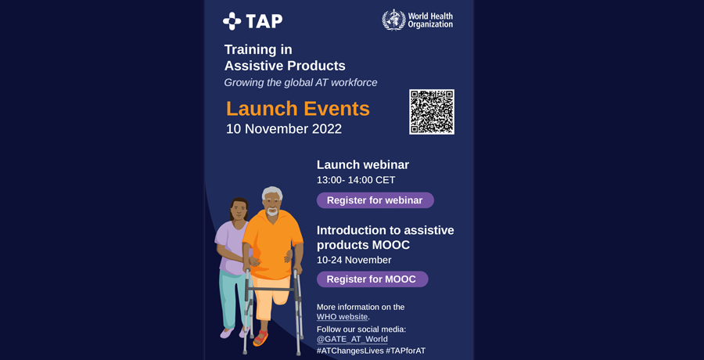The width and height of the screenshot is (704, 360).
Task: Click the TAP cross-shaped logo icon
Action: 232,21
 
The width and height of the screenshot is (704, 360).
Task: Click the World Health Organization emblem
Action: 393,20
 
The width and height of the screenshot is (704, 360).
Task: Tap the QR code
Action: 432,112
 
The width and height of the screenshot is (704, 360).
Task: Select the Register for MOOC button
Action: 372,279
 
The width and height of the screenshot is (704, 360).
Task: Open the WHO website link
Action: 342,317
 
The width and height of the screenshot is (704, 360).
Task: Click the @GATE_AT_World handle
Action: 352,340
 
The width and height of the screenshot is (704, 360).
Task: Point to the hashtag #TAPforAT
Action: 405,351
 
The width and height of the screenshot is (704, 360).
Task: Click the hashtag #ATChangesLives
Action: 350,351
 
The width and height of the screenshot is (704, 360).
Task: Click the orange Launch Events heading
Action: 298,109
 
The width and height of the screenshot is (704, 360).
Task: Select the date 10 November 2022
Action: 284,129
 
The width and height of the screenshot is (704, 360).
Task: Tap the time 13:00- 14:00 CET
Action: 356,180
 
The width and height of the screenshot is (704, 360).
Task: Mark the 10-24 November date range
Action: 354,261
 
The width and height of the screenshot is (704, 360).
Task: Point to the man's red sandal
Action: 260,338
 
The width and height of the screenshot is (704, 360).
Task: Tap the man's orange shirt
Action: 272,244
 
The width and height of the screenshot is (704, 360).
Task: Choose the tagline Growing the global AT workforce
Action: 300,83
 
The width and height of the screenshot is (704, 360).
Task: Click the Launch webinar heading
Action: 363,165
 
